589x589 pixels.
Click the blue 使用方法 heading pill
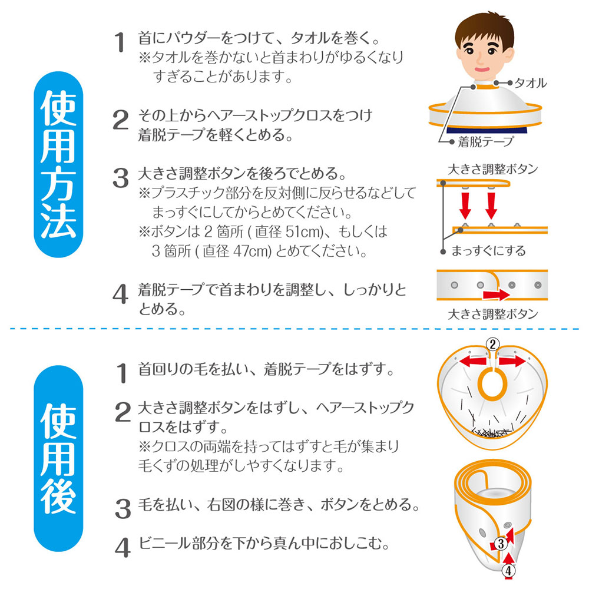click(58, 164)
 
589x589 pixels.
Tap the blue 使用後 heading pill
click(58, 458)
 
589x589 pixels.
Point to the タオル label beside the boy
click(530, 83)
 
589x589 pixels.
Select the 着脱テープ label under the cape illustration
click(485, 141)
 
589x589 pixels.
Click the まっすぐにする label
click(488, 250)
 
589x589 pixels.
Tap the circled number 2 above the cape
click(493, 344)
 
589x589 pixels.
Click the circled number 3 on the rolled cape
click(501, 543)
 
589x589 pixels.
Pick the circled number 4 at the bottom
click(508, 571)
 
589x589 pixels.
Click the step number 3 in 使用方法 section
click(121, 178)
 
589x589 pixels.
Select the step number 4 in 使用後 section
click(123, 548)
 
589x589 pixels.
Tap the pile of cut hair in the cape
click(491, 432)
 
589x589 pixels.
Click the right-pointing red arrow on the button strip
click(496, 294)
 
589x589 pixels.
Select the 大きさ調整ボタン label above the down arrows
click(493, 169)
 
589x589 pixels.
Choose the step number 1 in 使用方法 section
click(120, 42)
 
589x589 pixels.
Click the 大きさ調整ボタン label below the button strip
click(493, 314)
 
